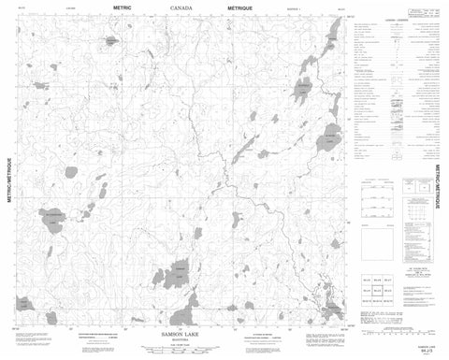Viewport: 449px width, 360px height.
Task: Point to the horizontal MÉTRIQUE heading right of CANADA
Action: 245,13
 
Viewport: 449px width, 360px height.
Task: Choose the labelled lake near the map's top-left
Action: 110,43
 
